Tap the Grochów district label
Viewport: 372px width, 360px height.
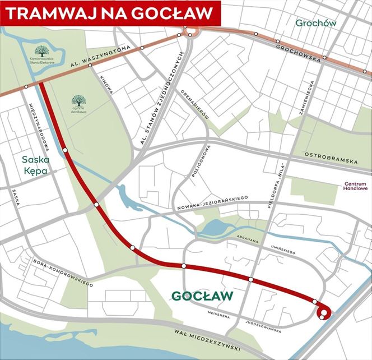(316, 24)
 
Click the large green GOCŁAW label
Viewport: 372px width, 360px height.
(202, 296)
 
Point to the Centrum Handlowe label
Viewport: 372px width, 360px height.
(356, 186)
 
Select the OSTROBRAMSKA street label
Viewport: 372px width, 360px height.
(330, 158)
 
